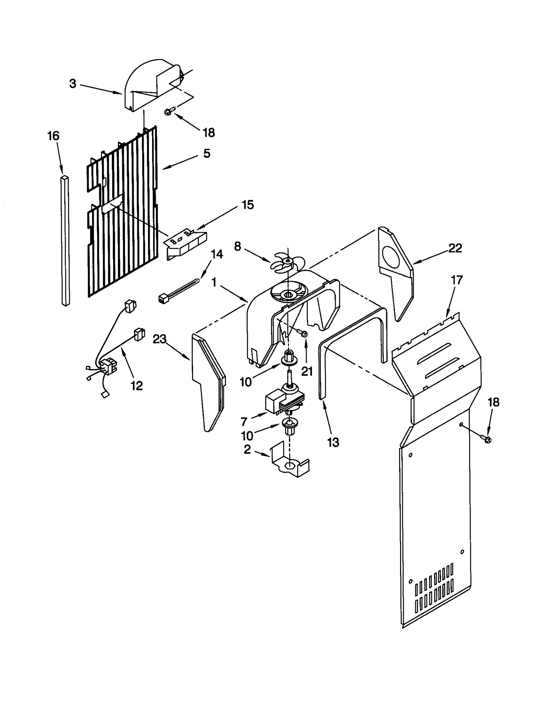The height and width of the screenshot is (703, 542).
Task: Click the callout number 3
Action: pos(72,84)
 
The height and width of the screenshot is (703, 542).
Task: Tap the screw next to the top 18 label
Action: pos(170,111)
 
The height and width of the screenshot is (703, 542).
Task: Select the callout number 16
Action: pos(53,136)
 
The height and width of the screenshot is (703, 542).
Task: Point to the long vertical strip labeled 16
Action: pos(65,241)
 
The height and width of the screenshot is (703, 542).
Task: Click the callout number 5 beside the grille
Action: pos(207,153)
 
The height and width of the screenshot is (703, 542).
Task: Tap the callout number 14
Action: pos(217,254)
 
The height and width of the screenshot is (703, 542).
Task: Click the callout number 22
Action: pos(455,248)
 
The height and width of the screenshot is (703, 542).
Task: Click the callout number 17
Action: pos(456,280)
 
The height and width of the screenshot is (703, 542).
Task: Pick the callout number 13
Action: pos(333,442)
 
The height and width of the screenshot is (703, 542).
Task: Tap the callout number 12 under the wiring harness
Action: pos(137,385)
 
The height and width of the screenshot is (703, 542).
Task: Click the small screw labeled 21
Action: pos(303,333)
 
